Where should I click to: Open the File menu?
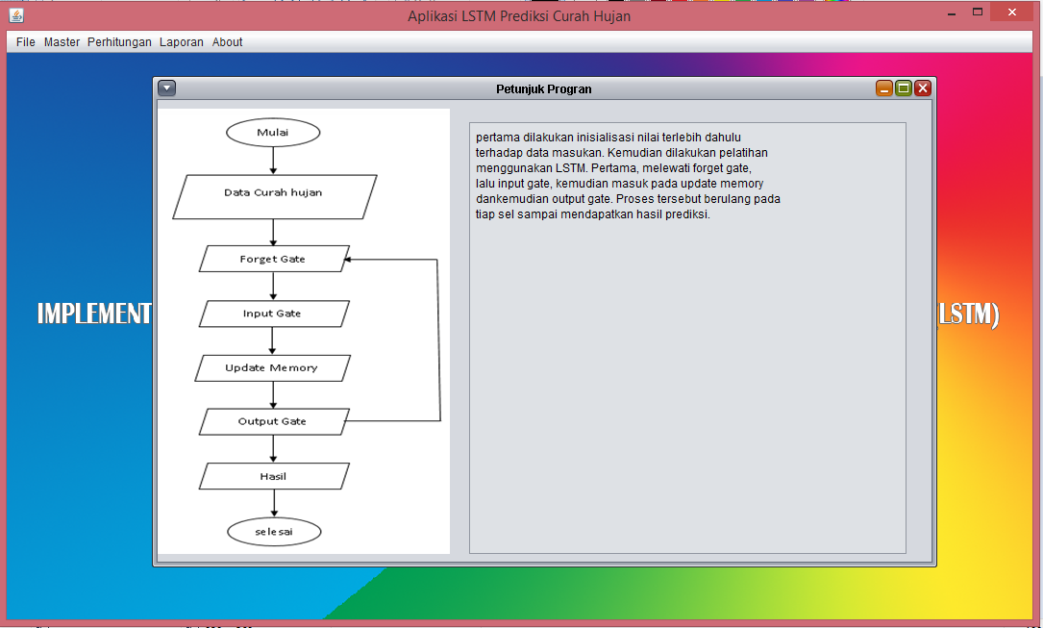(x=25, y=42)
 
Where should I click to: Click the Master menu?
(x=62, y=42)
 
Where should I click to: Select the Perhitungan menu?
(x=119, y=42)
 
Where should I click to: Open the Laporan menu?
(x=182, y=42)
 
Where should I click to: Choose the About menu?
(x=228, y=42)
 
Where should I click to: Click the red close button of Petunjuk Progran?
(x=923, y=88)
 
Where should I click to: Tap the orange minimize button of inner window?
(x=884, y=88)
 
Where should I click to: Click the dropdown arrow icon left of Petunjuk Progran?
(x=167, y=88)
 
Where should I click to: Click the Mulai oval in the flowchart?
(x=273, y=133)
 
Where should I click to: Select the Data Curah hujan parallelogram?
(x=274, y=193)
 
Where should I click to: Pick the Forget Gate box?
(x=273, y=259)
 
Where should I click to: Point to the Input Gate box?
(x=273, y=314)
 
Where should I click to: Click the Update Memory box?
(x=272, y=368)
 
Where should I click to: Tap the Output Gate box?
(x=273, y=421)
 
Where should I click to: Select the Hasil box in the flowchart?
(x=274, y=476)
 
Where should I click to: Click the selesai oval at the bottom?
(x=274, y=532)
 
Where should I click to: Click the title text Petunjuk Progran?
(x=544, y=88)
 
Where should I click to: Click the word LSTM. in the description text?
(x=573, y=168)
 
